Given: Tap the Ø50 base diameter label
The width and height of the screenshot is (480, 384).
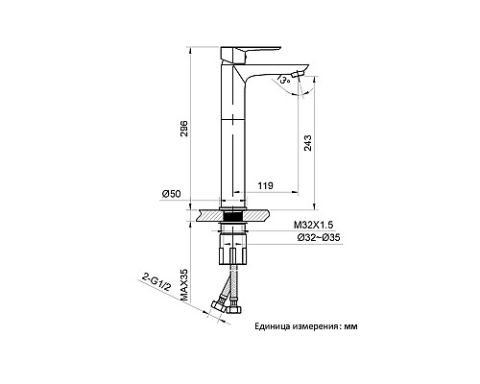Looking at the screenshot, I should point(172,195).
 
